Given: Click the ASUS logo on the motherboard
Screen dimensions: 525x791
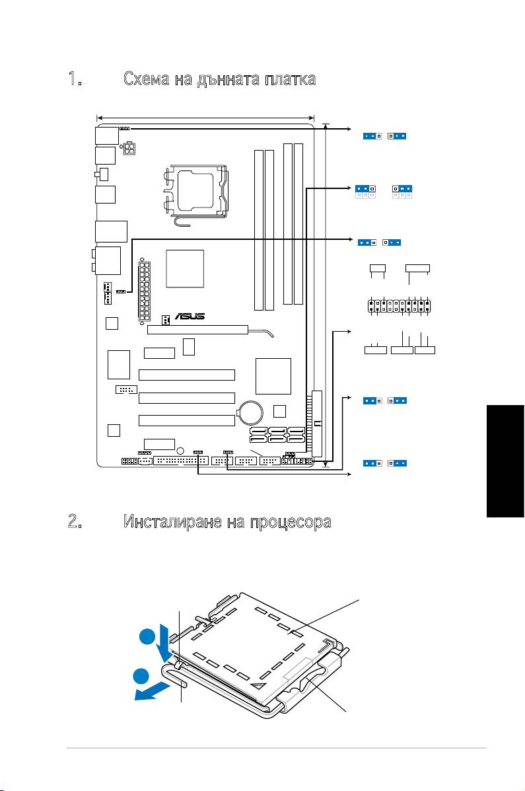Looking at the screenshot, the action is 190,317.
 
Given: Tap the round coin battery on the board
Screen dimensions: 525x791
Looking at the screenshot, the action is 251,412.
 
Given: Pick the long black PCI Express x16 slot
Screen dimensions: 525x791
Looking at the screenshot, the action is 197,330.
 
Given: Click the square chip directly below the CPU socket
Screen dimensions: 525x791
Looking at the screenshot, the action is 185,269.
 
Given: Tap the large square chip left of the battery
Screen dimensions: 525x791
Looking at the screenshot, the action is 273,376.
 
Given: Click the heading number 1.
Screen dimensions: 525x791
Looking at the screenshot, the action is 75,79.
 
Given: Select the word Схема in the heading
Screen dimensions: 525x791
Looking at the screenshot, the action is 146,79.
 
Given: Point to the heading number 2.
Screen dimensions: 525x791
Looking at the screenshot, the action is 75,521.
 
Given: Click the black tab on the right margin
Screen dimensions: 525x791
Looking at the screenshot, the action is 505,461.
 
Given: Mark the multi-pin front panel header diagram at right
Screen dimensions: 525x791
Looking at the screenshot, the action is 399,306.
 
